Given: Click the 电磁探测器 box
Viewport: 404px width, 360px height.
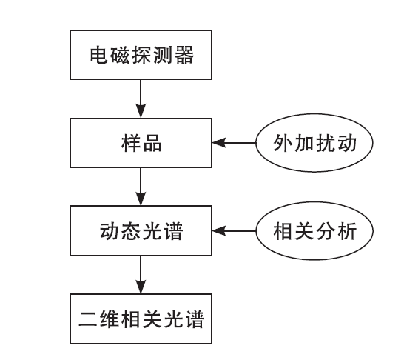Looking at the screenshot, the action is (x=141, y=55).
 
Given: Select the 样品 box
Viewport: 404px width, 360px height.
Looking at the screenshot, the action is (x=141, y=143).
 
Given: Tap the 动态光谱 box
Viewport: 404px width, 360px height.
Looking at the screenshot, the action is (x=141, y=231).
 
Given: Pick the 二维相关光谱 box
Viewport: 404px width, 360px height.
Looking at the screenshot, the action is (x=141, y=319).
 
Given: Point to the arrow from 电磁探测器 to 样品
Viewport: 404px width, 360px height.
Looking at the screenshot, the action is (x=141, y=99).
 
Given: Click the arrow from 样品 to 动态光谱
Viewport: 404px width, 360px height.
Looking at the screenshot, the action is (x=141, y=187).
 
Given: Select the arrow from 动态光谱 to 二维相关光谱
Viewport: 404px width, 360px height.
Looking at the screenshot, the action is (x=141, y=275).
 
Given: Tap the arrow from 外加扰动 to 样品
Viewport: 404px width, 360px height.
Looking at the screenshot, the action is (x=234, y=143).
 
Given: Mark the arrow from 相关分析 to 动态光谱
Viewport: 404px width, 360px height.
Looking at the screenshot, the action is (x=234, y=231).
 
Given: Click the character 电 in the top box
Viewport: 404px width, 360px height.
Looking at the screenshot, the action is (x=98, y=55).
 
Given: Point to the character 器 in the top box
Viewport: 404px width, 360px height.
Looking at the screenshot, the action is (x=184, y=55).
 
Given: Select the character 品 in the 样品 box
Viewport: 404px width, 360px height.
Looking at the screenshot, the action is (x=152, y=143).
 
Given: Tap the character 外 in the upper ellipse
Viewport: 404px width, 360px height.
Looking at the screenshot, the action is (x=283, y=143).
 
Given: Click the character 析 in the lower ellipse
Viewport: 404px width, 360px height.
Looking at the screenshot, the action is (x=347, y=231).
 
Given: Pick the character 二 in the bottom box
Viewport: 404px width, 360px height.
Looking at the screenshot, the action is (x=87, y=319).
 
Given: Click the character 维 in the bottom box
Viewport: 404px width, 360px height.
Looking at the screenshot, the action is (x=109, y=319).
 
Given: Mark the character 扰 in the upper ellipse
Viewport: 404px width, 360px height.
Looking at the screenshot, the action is (x=326, y=143).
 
